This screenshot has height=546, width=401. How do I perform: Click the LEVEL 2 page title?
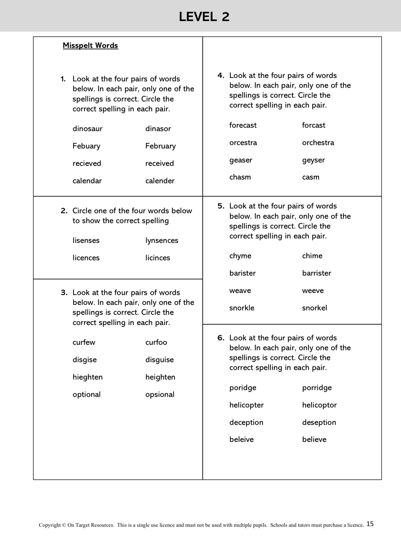click(204, 17)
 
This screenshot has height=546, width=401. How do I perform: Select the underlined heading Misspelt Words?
click(90, 46)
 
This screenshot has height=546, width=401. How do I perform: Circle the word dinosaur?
click(87, 129)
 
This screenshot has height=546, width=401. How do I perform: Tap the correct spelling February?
click(161, 146)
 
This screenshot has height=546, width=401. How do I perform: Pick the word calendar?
click(87, 181)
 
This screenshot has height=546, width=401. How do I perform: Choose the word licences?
click(86, 258)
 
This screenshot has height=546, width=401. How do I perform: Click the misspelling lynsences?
click(162, 241)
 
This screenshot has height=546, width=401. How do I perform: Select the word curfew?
click(84, 342)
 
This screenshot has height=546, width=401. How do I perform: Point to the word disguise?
click(160, 360)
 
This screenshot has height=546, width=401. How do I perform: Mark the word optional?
click(86, 395)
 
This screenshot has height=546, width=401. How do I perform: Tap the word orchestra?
click(318, 143)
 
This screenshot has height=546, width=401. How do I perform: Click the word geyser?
click(313, 160)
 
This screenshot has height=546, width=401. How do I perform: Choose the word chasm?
click(240, 177)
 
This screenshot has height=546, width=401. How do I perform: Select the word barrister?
click(316, 273)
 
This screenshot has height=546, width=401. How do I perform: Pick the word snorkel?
click(314, 308)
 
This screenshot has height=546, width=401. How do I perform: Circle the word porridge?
click(317, 388)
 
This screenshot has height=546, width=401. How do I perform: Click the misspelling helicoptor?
click(319, 405)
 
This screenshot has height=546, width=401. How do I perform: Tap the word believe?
click(314, 440)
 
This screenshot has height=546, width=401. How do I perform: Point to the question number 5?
click(221, 206)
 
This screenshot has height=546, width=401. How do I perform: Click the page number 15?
click(370, 524)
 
